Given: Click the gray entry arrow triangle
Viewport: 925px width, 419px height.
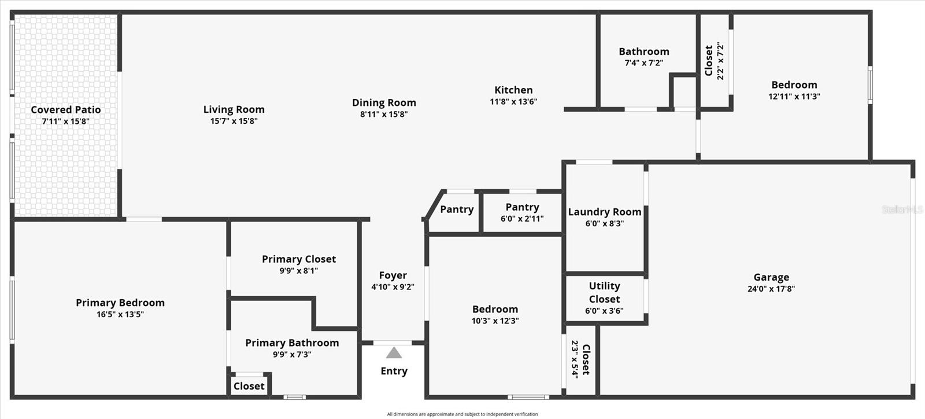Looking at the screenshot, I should point(394,353).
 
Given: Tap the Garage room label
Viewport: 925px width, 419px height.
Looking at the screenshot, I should point(771,277).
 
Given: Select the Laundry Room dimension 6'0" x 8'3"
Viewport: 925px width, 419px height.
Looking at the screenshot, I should point(604,224).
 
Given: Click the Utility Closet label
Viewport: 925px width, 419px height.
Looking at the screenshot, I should point(604,292).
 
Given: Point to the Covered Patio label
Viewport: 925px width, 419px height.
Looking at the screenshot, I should point(65,109).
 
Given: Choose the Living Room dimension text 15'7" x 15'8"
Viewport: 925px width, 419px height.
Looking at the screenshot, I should point(234,121).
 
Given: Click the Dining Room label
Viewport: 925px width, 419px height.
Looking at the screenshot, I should point(384,102).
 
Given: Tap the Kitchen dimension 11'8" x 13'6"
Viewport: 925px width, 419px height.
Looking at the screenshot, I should point(513,102).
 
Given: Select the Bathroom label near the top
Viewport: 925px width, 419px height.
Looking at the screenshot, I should point(643,52).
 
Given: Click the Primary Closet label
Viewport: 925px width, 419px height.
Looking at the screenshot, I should point(298,259).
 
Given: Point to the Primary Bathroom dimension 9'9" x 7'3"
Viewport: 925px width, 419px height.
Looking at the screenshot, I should point(292,355).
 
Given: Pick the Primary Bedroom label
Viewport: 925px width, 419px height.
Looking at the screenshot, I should point(120,303).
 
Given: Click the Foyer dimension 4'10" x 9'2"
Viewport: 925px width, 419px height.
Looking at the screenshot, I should point(393,287).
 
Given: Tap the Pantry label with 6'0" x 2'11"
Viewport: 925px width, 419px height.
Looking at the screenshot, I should point(522,207).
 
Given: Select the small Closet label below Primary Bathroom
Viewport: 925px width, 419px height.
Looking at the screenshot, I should point(249,386).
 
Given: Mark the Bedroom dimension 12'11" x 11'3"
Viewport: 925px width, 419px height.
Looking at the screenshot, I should point(794,97).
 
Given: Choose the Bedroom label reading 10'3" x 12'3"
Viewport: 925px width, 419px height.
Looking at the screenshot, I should point(495,309).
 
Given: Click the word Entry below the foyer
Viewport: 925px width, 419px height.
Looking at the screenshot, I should point(394,371).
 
